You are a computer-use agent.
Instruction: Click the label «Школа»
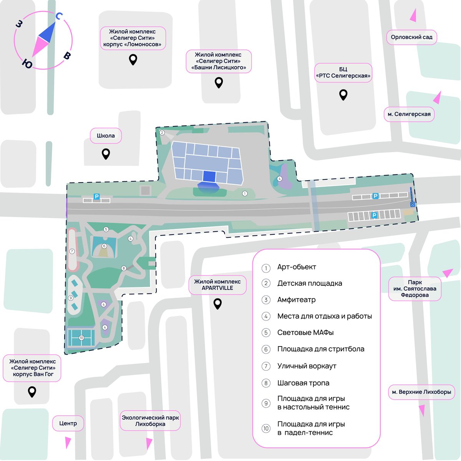(106, 136)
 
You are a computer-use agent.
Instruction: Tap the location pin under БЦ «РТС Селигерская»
(343, 95)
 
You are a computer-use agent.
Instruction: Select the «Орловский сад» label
(411, 37)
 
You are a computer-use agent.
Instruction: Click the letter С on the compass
(59, 16)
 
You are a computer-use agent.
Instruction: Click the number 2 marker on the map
(162, 133)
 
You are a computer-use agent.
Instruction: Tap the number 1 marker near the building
(244, 193)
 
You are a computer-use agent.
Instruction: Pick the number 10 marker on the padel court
(81, 338)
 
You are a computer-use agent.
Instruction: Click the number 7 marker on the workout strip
(72, 251)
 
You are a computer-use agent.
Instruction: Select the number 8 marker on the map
(123, 268)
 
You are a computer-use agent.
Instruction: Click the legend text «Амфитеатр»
(296, 300)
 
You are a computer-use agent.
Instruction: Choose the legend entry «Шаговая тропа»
(303, 383)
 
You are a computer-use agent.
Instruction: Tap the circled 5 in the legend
(266, 333)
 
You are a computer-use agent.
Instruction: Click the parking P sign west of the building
(96, 196)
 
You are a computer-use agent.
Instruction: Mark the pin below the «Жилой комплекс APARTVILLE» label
(217, 304)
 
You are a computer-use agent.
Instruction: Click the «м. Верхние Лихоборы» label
(421, 392)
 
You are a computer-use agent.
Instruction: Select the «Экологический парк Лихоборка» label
(150, 421)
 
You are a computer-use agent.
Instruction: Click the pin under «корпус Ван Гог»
(32, 392)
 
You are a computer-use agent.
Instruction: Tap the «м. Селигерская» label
(409, 114)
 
